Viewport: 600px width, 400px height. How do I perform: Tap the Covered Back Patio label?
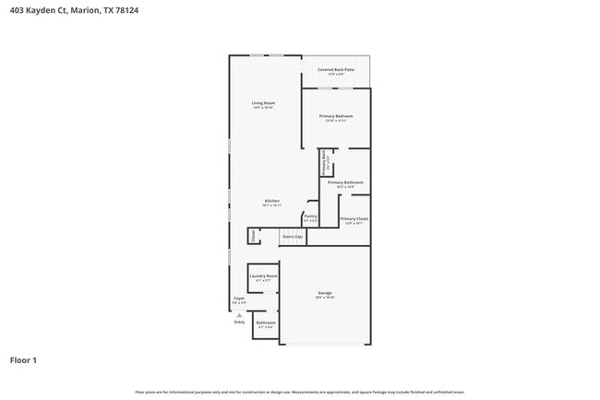tap(336, 70)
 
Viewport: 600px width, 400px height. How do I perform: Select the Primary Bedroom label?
tap(336, 116)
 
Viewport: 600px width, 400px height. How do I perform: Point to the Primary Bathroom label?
tap(345, 182)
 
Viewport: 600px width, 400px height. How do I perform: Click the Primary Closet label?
tap(354, 218)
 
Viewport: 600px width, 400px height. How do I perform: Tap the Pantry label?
tap(310, 217)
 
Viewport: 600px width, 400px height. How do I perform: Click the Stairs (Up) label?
tap(293, 237)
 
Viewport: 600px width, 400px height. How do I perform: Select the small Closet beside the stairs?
tap(253, 236)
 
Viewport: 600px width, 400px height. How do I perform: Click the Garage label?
tap(325, 293)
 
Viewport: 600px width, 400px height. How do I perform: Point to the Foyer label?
tap(238, 299)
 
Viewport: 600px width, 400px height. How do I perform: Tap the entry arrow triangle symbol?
tap(239, 314)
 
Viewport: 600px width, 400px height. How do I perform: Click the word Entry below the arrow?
tap(239, 322)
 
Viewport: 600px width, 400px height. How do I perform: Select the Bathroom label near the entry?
tap(266, 324)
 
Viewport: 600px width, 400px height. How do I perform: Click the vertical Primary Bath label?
tap(324, 162)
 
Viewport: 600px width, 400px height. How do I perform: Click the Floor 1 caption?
tap(24, 359)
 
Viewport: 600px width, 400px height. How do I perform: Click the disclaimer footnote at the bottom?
tap(299, 392)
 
